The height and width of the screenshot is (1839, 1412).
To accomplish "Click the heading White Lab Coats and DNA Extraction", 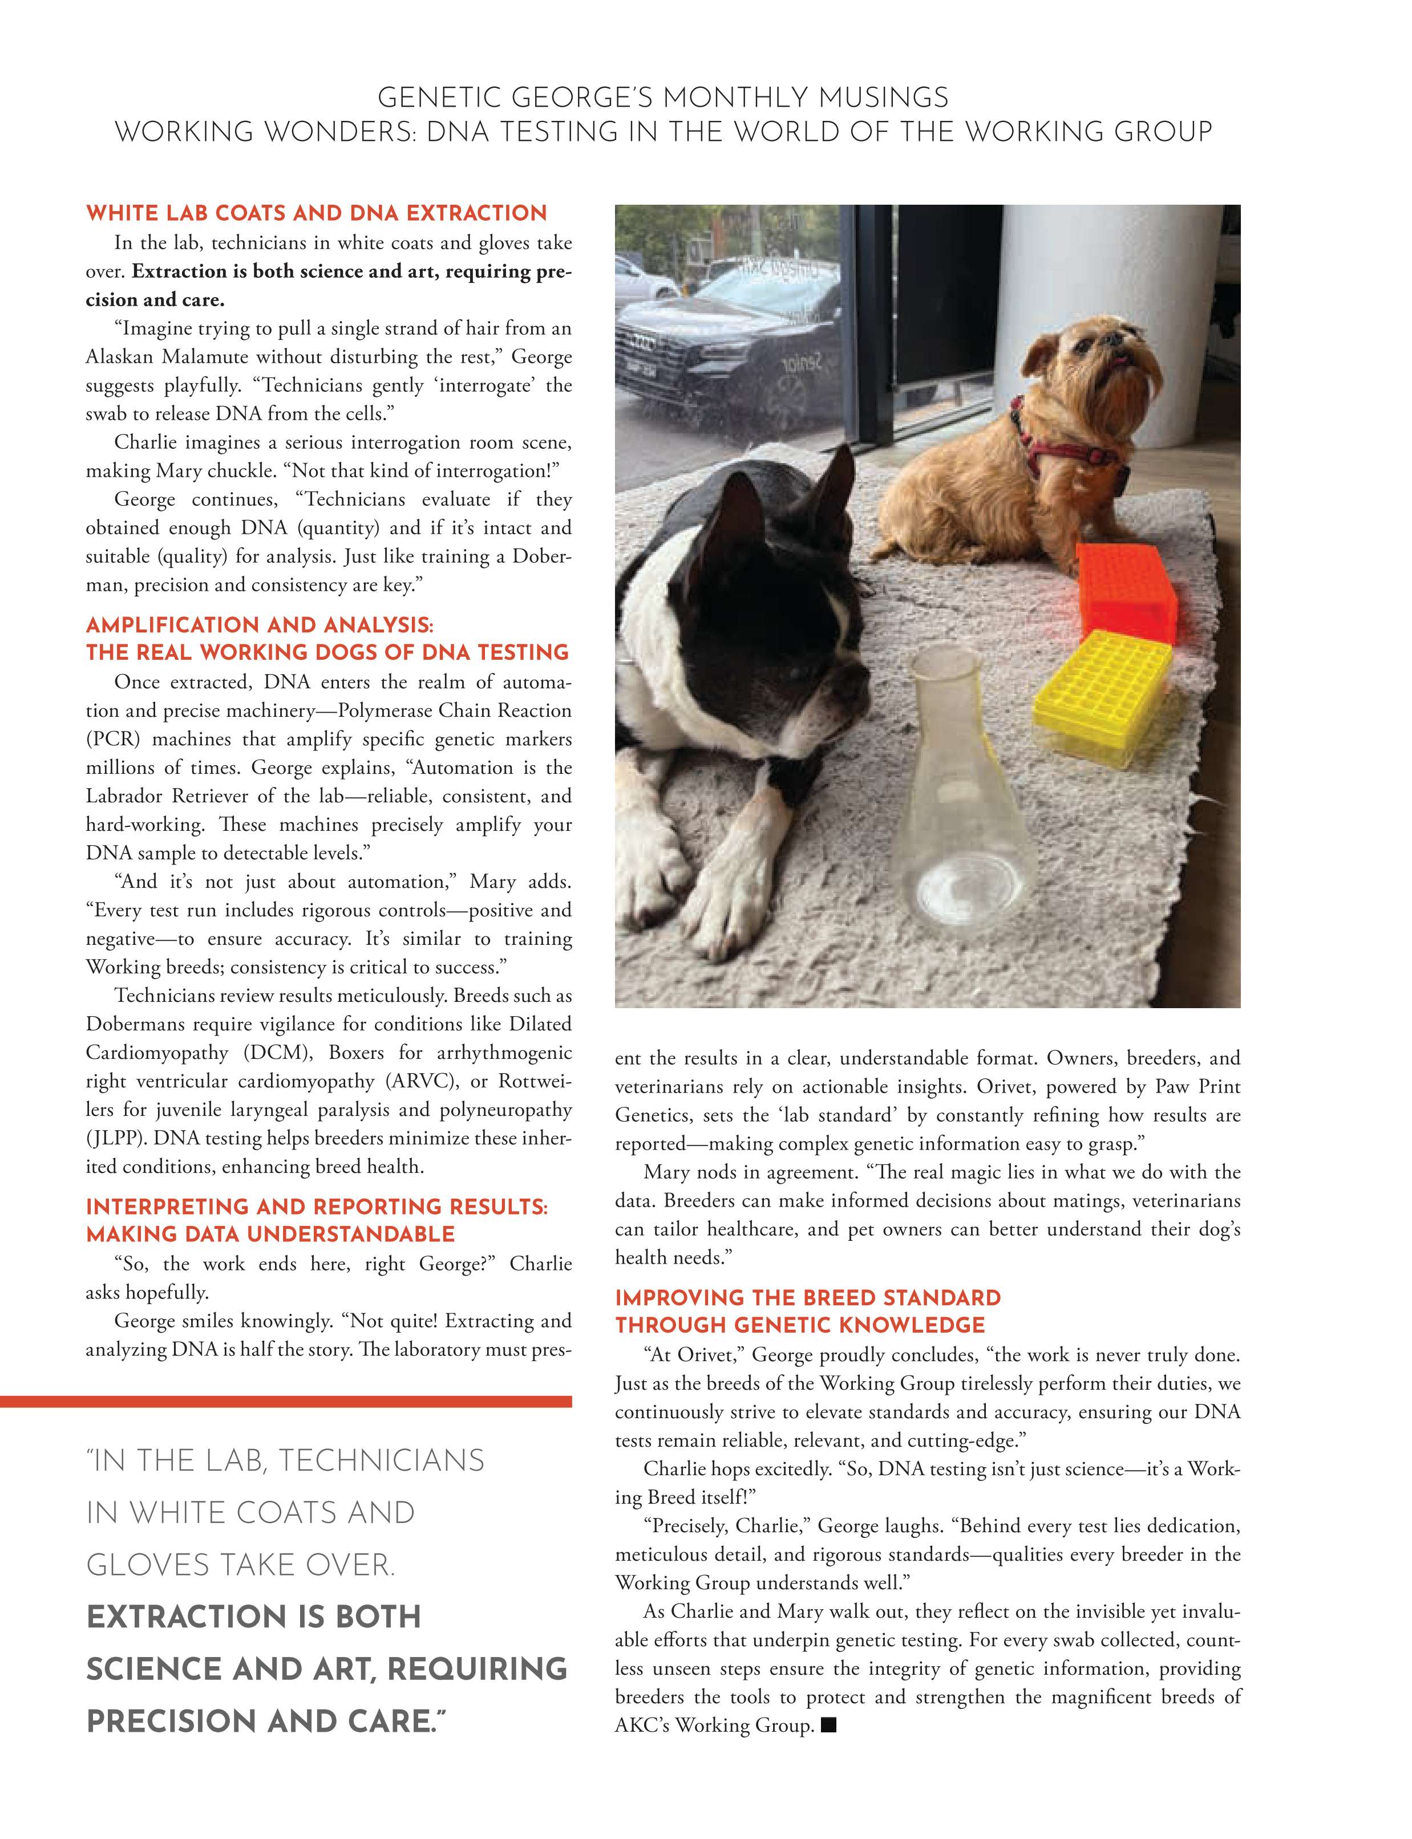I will (316, 213).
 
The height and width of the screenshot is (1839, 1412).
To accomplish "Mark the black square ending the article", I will (829, 1726).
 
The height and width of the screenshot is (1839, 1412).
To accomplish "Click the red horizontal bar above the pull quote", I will (286, 1401).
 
